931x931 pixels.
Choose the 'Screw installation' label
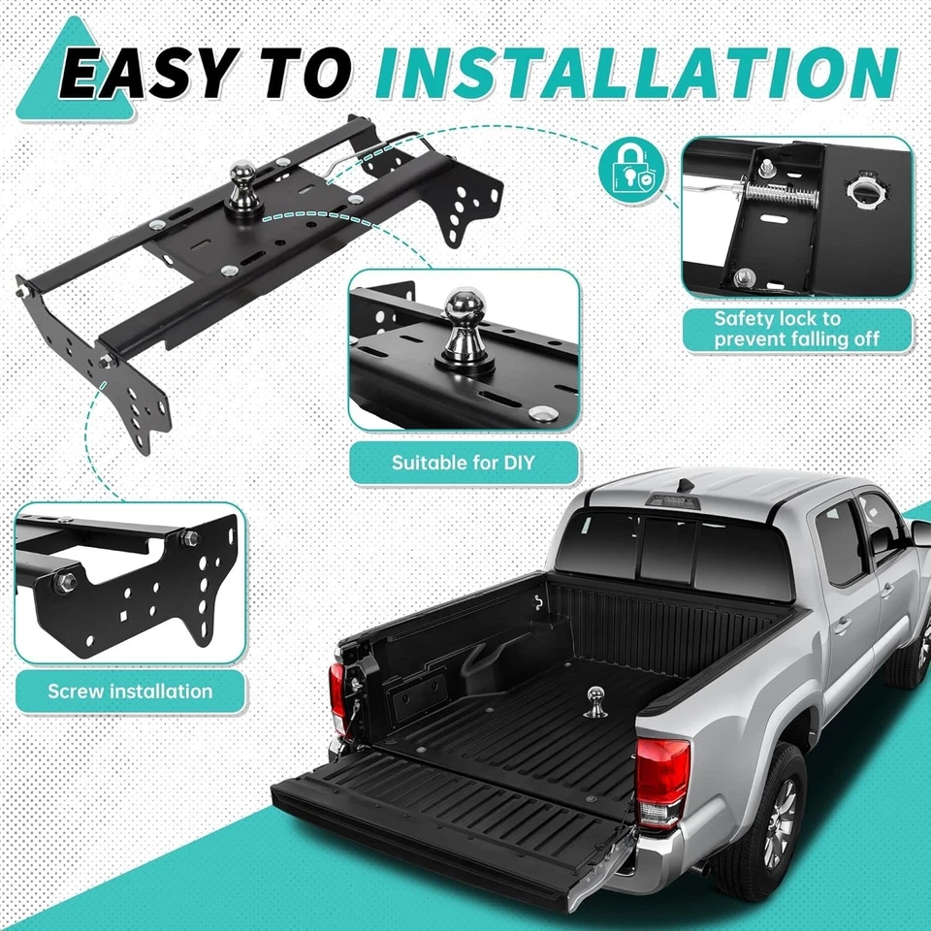(x=130, y=691)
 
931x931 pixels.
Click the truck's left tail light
(x=337, y=694)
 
